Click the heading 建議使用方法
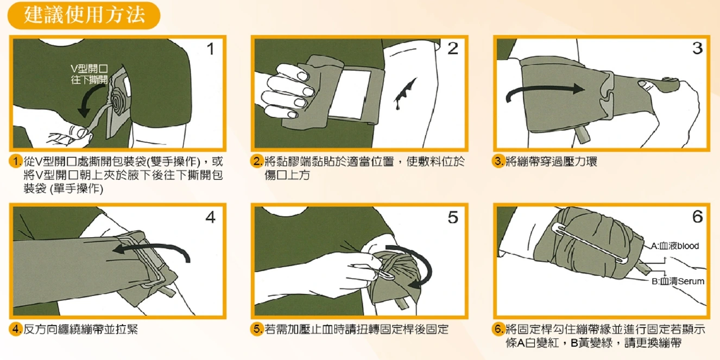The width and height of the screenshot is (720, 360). click(84, 15)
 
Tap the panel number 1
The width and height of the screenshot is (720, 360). click(211, 49)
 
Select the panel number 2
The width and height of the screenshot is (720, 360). click(453, 48)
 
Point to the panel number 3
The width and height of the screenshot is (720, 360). click(698, 48)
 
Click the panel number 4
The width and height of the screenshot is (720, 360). click(211, 217)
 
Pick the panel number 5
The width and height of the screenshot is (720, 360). click(453, 217)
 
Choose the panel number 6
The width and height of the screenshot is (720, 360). click(698, 217)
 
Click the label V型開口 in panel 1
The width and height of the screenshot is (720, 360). click(89, 68)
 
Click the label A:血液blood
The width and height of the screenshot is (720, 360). click(675, 246)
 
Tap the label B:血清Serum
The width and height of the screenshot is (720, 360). click(678, 281)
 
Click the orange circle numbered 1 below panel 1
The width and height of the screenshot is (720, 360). click(15, 161)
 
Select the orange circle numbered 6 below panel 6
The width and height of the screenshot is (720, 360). click(498, 329)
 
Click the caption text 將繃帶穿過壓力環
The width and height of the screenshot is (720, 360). click(551, 161)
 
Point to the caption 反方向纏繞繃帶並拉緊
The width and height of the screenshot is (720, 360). click(81, 329)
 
